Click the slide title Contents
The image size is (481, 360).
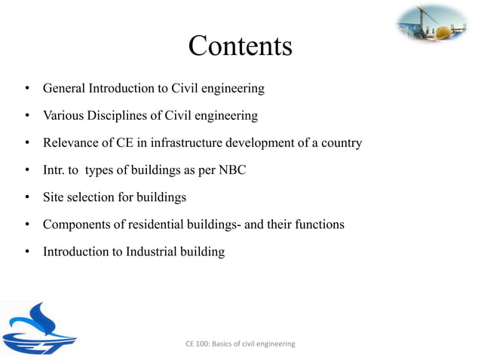(x=240, y=46)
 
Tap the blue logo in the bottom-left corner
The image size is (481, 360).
(x=39, y=329)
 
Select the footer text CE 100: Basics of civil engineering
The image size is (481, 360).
(x=240, y=344)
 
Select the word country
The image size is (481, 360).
(x=339, y=143)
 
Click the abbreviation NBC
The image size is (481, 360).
(x=231, y=170)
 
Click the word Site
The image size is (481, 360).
(x=54, y=197)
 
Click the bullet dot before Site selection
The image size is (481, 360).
(x=26, y=198)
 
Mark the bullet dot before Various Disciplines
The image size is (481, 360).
(x=26, y=117)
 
